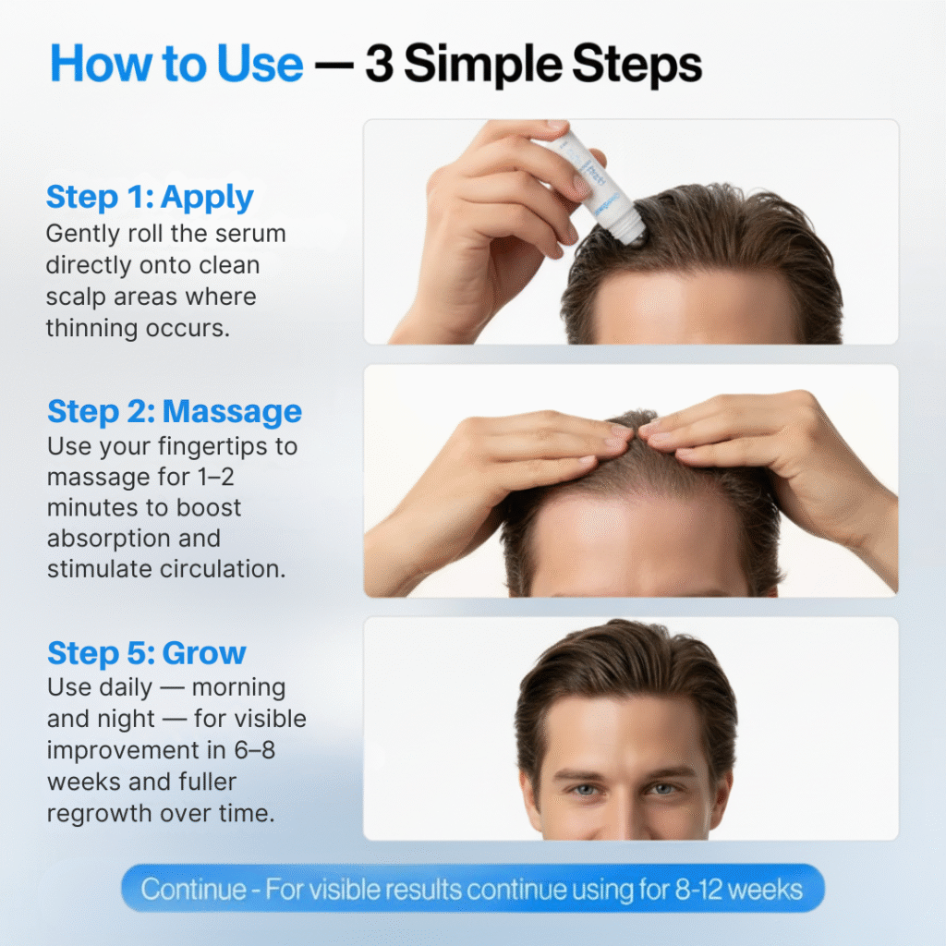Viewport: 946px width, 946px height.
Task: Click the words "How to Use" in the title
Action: (176, 64)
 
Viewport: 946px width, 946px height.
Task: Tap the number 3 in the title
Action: (380, 64)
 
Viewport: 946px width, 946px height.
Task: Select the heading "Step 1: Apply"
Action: (150, 198)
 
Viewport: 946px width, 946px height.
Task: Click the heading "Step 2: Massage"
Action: (175, 412)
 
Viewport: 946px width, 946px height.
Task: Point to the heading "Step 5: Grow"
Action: (147, 653)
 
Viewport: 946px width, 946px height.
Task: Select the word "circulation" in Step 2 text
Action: (222, 569)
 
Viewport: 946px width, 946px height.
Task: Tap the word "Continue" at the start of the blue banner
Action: (194, 890)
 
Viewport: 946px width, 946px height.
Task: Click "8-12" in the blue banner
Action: (698, 890)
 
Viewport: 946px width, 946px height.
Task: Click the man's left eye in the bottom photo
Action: (663, 789)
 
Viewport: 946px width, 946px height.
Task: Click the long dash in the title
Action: (334, 67)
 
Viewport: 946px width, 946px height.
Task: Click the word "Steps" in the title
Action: (637, 64)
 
